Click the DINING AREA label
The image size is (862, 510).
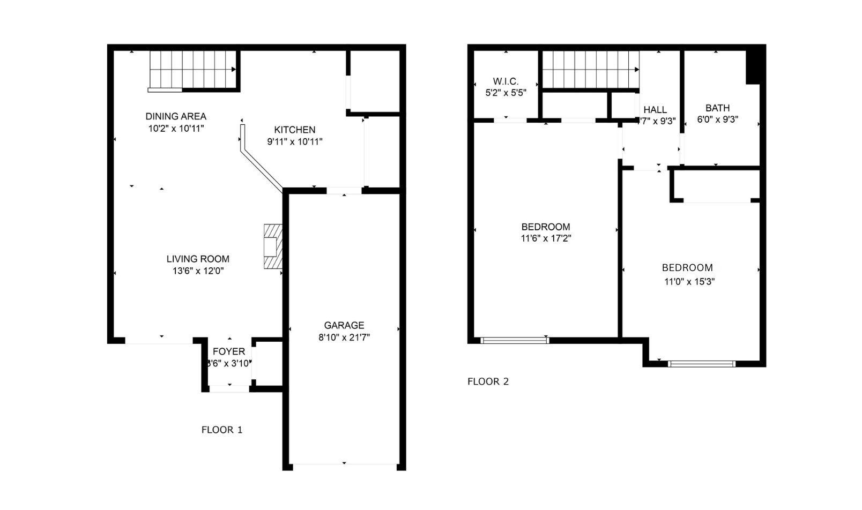click(x=175, y=116)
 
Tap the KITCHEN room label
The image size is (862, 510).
click(x=294, y=130)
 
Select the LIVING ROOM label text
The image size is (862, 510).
click(x=197, y=259)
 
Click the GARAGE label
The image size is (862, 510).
click(x=344, y=325)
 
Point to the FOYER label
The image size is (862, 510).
click(x=229, y=351)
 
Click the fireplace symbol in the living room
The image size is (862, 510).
click(x=272, y=246)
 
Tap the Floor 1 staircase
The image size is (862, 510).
click(x=193, y=70)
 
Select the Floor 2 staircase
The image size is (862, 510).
click(x=590, y=70)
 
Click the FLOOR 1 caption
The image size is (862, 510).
click(x=221, y=430)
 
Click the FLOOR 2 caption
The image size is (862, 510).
click(x=488, y=381)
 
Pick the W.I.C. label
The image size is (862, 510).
click(x=506, y=81)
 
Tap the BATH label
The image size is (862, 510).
click(x=717, y=108)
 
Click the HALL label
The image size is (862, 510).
click(x=655, y=110)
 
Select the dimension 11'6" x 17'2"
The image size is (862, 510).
click(x=546, y=238)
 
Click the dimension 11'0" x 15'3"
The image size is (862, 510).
click(x=689, y=281)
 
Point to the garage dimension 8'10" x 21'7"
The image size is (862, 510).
click(x=344, y=337)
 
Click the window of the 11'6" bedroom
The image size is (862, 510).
click(x=515, y=340)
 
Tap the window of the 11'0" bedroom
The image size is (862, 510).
click(x=701, y=364)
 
